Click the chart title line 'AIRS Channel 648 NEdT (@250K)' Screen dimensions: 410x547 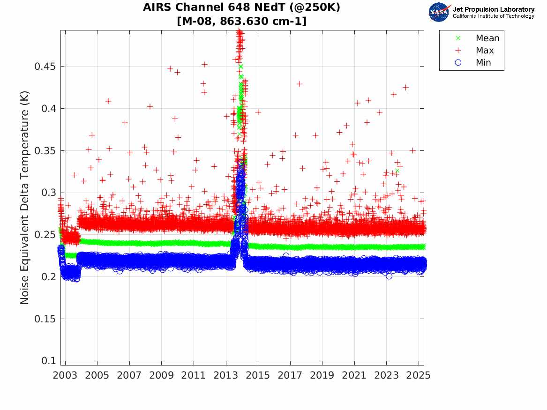click(x=241, y=8)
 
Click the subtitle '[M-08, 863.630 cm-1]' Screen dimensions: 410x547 click(x=241, y=21)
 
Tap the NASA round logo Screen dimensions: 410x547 click(x=439, y=12)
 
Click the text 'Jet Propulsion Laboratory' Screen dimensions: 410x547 click(x=493, y=9)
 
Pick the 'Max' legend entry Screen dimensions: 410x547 click(x=484, y=51)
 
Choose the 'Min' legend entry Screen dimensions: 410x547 click(x=483, y=63)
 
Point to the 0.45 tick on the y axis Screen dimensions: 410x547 click(x=45, y=67)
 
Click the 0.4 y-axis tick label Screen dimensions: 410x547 click(x=48, y=109)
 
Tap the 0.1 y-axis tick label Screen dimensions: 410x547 click(x=48, y=361)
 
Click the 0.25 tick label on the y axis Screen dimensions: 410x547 click(x=45, y=235)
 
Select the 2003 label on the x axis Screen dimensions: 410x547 click(x=65, y=375)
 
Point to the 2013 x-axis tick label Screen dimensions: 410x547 click(x=226, y=375)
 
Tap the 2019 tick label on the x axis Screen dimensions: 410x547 click(x=322, y=375)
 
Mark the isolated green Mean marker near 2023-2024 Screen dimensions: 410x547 click(x=397, y=171)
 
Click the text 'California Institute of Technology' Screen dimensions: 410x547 click(x=493, y=16)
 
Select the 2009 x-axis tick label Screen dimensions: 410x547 click(x=162, y=375)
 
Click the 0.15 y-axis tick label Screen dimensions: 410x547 click(x=45, y=319)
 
